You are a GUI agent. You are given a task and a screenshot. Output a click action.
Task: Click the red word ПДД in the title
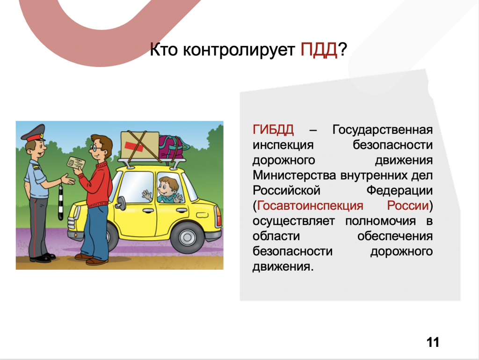pyautogui.click(x=319, y=50)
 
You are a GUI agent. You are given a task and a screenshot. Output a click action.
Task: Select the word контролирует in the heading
pyautogui.click(x=239, y=50)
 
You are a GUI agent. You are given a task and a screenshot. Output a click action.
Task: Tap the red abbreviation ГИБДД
pyautogui.click(x=273, y=130)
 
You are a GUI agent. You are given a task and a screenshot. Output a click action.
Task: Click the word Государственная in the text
pyautogui.click(x=382, y=130)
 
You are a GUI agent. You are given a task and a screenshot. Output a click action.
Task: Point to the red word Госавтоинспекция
pyautogui.click(x=310, y=206)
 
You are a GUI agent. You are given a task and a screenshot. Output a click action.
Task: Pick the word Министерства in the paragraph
pyautogui.click(x=294, y=176)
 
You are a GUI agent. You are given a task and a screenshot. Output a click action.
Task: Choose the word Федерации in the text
pyautogui.click(x=399, y=191)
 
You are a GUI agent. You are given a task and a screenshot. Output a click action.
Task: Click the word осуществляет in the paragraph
pyautogui.click(x=294, y=221)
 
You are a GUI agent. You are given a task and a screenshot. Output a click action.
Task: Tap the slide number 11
pyautogui.click(x=433, y=342)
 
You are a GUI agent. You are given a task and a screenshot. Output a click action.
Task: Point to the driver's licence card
pyautogui.click(x=76, y=163)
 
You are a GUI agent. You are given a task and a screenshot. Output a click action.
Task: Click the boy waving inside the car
pyautogui.click(x=166, y=190)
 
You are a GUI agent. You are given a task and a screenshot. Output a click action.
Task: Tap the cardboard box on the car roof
pyautogui.click(x=140, y=145)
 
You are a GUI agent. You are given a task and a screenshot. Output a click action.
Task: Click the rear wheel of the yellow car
pyautogui.click(x=187, y=237)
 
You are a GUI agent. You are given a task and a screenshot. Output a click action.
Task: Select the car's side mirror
pyautogui.click(x=120, y=203)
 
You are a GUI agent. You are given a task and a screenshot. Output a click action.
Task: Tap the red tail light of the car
pyautogui.click(x=219, y=217)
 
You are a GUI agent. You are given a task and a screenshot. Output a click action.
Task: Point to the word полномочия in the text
pyautogui.click(x=381, y=221)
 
